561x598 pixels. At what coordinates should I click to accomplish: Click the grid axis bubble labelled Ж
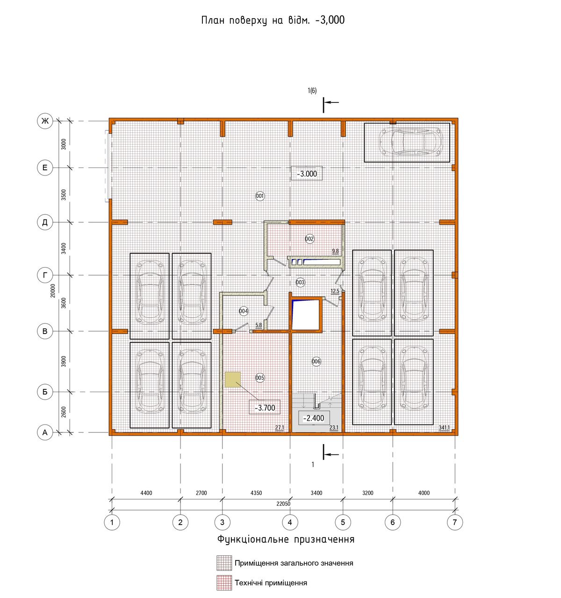(x=45, y=121)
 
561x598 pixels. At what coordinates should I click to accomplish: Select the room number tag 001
(x=260, y=197)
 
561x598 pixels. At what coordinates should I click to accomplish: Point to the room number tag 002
(x=309, y=239)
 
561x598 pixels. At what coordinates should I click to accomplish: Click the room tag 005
(x=260, y=378)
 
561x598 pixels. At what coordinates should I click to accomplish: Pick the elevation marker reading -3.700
(x=265, y=408)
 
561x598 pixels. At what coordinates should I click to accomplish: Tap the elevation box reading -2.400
(x=314, y=418)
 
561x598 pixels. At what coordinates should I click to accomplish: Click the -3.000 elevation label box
(x=307, y=174)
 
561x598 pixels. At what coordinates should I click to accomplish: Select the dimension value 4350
(x=256, y=493)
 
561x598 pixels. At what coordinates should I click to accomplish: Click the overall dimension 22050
(x=283, y=504)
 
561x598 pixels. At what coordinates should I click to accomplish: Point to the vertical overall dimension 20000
(x=53, y=291)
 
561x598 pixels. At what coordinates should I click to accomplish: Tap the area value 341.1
(x=444, y=428)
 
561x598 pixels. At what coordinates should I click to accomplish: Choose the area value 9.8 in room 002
(x=335, y=251)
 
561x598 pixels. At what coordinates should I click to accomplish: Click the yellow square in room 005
(x=233, y=379)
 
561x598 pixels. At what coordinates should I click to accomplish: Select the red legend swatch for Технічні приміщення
(x=224, y=583)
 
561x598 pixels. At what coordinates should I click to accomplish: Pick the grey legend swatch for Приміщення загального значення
(x=224, y=563)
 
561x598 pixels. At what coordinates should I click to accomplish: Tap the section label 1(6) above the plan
(x=312, y=90)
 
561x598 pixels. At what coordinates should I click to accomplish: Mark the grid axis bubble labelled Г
(x=45, y=275)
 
